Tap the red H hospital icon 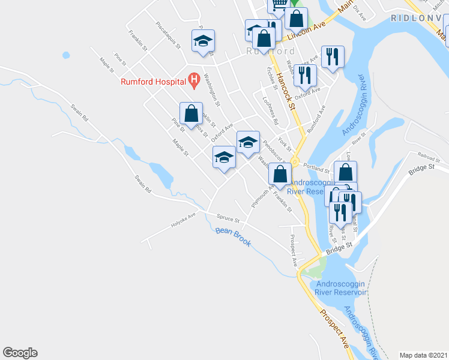coord(193,79)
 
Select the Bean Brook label coord(232,231)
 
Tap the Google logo coord(20,353)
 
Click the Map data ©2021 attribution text coord(423,355)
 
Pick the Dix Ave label coord(360,13)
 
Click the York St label coord(285,145)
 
